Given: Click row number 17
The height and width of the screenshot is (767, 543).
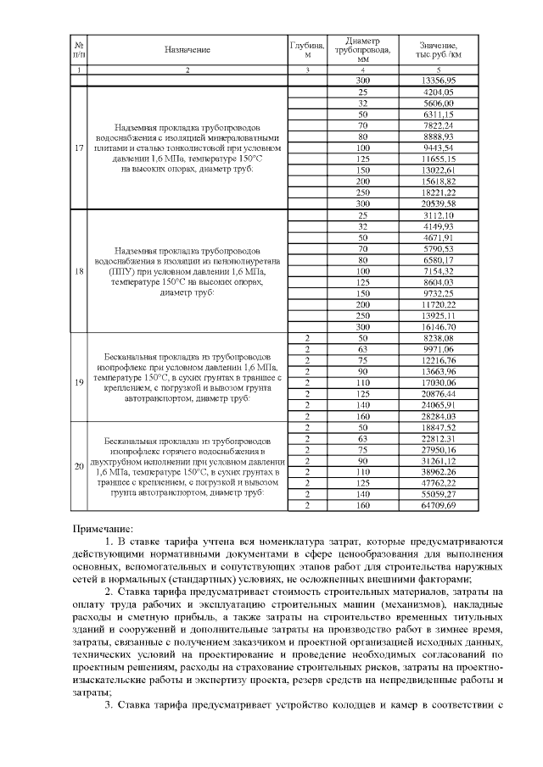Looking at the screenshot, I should click(79, 147).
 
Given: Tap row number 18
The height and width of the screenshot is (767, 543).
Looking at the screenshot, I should click(79, 272).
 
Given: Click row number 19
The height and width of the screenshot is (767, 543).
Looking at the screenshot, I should click(79, 381).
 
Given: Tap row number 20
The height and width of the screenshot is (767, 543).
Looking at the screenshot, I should click(79, 466).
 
